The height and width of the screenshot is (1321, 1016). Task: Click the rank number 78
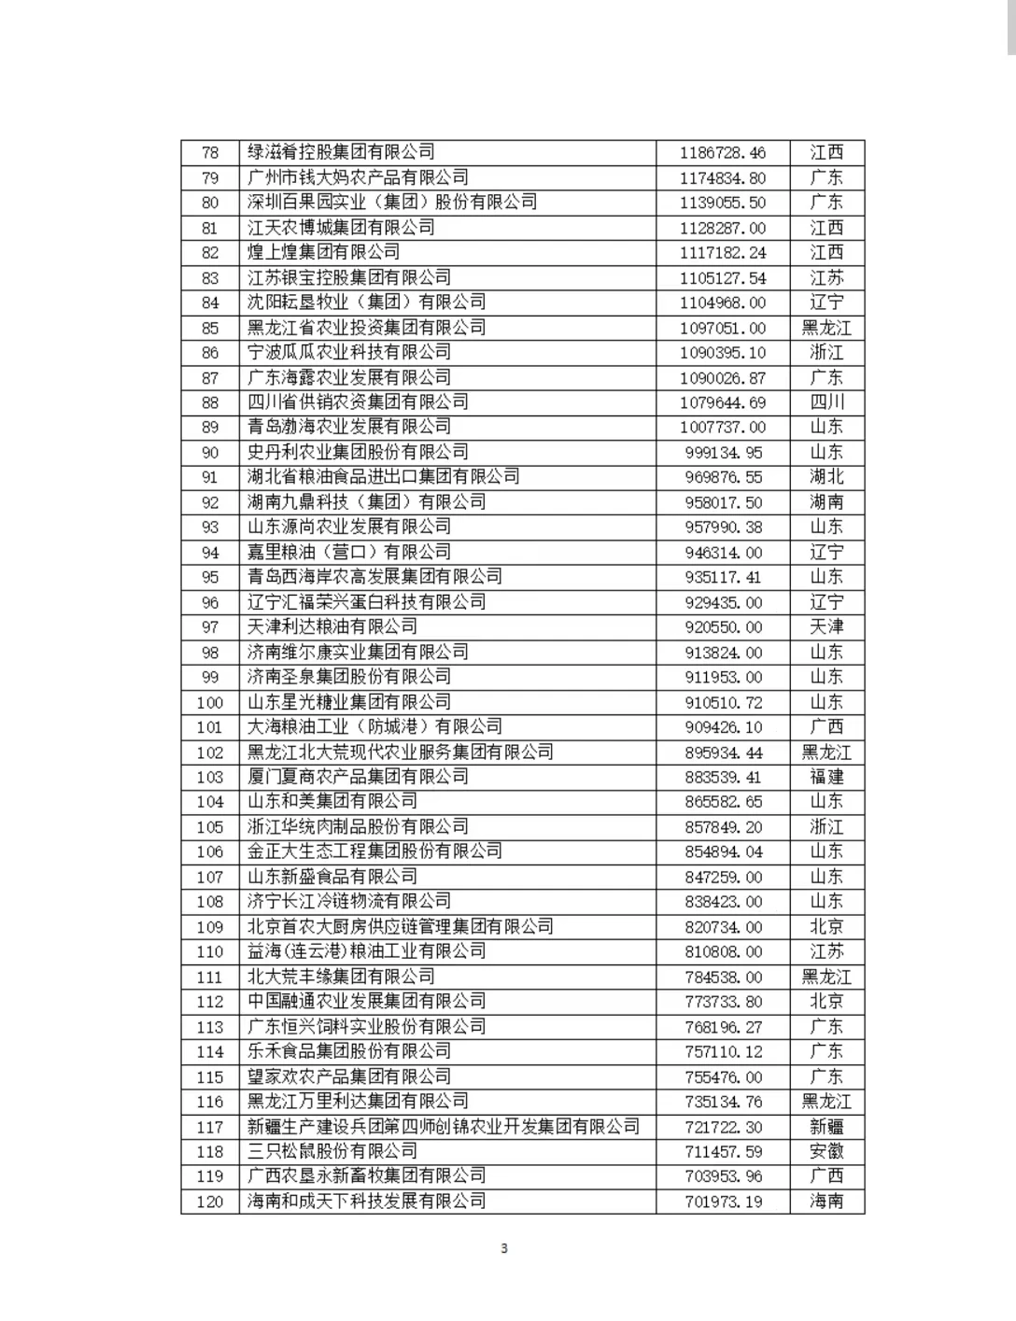tap(210, 152)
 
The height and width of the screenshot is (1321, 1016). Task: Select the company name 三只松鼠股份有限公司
tap(332, 1151)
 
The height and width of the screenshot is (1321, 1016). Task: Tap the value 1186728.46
tap(723, 152)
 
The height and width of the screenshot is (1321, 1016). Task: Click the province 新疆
tap(826, 1127)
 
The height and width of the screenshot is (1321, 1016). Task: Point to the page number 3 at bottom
tap(504, 1248)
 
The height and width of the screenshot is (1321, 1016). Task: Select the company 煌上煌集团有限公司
tap(323, 252)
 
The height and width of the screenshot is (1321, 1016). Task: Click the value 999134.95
tap(723, 452)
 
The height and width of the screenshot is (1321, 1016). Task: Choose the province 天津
tap(826, 626)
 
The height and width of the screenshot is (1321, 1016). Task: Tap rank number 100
tap(210, 702)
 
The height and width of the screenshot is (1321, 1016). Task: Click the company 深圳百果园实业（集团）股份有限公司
tap(392, 203)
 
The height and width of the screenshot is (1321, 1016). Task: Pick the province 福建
tap(826, 777)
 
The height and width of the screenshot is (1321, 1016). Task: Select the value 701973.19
tap(723, 1202)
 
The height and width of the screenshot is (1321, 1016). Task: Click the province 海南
tap(826, 1202)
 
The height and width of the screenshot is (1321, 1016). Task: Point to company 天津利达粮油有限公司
tap(332, 626)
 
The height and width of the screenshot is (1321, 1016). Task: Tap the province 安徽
tap(826, 1151)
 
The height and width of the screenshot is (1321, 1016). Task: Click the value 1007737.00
tap(723, 427)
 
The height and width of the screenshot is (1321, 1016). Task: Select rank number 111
tap(210, 977)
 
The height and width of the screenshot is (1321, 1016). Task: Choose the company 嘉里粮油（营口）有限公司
tap(348, 552)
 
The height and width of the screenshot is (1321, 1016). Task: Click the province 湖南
tap(826, 502)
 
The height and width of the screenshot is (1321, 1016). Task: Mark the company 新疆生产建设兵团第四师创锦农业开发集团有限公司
tap(444, 1127)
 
